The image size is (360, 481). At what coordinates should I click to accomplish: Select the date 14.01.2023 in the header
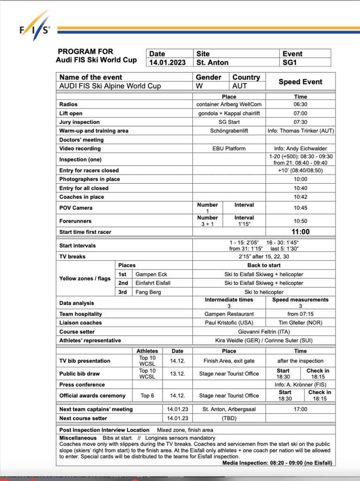pyautogui.click(x=168, y=62)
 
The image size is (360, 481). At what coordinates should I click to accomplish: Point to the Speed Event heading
pyautogui.click(x=300, y=82)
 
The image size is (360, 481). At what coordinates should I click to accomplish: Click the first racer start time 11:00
pyautogui.click(x=300, y=232)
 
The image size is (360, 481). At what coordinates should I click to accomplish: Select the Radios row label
pyautogui.click(x=69, y=104)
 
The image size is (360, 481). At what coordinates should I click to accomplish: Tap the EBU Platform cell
pyautogui.click(x=229, y=148)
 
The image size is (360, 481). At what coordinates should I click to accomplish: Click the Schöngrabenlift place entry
pyautogui.click(x=229, y=131)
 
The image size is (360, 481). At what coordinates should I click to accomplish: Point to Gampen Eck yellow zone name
pyautogui.click(x=151, y=274)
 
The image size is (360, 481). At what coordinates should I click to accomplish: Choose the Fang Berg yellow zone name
pyautogui.click(x=148, y=292)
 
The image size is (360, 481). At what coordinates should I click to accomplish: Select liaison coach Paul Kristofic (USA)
pyautogui.click(x=229, y=323)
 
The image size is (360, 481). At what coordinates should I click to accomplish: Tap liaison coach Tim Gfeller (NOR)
pyautogui.click(x=300, y=323)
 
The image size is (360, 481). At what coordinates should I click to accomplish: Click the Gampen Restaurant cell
pyautogui.click(x=229, y=314)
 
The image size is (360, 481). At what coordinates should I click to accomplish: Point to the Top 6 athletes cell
pyautogui.click(x=147, y=396)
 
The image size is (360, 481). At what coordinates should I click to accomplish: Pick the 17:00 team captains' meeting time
pyautogui.click(x=300, y=409)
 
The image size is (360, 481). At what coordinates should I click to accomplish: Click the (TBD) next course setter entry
pyautogui.click(x=229, y=418)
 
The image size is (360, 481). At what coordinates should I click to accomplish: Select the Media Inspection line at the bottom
pyautogui.click(x=277, y=463)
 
